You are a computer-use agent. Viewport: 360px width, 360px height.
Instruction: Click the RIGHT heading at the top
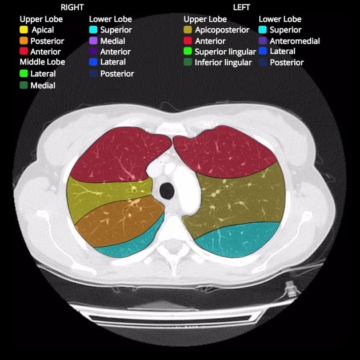[72, 7]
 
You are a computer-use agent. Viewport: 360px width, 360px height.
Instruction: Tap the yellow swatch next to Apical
[24, 30]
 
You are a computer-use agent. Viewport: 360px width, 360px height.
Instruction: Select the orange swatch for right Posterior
[24, 41]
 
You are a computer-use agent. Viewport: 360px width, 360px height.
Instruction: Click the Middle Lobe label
[42, 62]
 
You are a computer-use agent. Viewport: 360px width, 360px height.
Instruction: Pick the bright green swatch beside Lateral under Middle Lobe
[24, 74]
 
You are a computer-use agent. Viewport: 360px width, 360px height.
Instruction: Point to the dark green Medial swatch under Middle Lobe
[24, 85]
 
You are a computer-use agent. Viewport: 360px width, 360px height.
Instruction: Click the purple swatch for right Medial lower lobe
[93, 41]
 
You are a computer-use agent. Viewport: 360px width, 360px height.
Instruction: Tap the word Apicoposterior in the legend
[222, 30]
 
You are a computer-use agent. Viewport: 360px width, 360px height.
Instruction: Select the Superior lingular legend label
[225, 52]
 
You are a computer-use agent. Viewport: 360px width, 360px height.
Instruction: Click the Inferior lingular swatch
[188, 62]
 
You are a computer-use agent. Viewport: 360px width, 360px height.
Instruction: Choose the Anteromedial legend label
[294, 41]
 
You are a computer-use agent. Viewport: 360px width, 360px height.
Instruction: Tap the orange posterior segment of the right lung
[114, 223]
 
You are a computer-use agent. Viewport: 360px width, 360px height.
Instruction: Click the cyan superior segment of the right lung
[129, 246]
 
